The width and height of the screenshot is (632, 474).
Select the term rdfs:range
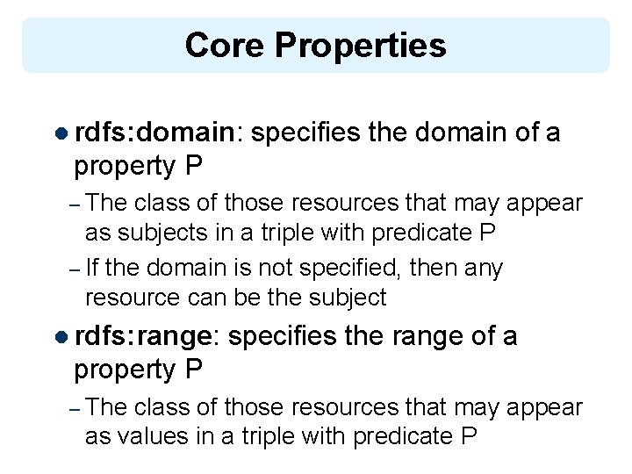pos(144,335)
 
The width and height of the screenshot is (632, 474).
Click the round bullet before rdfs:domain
pos(61,133)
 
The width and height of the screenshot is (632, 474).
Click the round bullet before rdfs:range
pos(61,336)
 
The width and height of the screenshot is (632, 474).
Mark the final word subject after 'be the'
pos(346,298)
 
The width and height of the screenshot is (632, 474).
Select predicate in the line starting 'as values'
pos(399,436)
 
